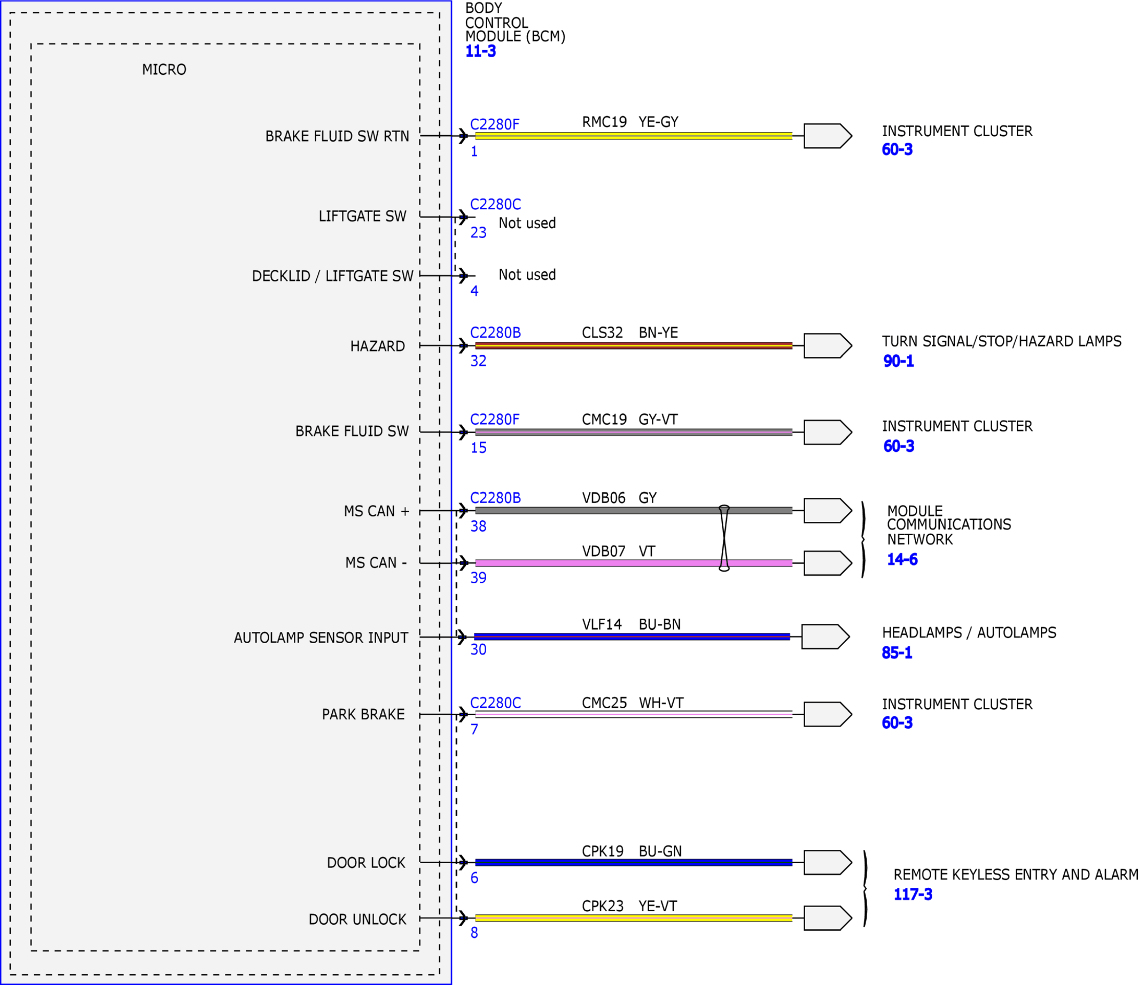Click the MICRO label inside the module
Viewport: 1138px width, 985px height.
[x=164, y=70]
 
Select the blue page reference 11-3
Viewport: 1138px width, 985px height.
[x=480, y=51]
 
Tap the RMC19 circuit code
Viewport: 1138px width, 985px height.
[x=604, y=121]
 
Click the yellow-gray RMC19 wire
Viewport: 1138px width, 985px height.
[x=633, y=136]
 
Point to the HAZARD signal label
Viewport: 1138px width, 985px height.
[x=377, y=346]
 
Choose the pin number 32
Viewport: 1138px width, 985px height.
[x=478, y=361]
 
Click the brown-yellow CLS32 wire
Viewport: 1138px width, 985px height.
[x=633, y=346]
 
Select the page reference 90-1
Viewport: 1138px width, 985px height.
[x=898, y=361]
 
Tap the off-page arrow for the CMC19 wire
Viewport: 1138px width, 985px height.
[x=828, y=432]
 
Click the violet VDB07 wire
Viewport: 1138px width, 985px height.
[x=633, y=563]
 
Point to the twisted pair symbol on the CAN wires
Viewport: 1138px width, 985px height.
[x=724, y=538]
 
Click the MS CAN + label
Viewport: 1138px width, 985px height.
[x=377, y=511]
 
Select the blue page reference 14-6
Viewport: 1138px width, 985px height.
[x=902, y=560]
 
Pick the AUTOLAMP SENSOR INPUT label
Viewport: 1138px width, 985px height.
[x=321, y=638]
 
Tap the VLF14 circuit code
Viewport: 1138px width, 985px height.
[x=602, y=624]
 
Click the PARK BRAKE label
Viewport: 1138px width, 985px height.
[x=363, y=715]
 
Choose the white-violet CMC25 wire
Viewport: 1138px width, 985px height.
[x=633, y=714]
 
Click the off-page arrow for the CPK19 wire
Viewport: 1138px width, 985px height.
[x=828, y=863]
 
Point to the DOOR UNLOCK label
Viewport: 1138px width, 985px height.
[x=357, y=920]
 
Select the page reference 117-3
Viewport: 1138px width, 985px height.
[x=913, y=894]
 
